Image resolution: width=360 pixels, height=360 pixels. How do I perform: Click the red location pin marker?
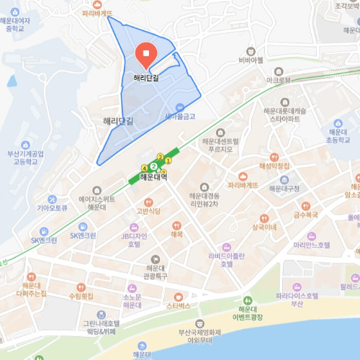pos(145,53)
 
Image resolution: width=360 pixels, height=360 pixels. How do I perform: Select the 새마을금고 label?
pos(180,115)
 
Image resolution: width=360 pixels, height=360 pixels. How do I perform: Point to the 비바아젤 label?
pos(251,60)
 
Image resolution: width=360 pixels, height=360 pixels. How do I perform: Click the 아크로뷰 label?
pos(279,80)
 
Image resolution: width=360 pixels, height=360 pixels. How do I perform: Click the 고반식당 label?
pos(148,211)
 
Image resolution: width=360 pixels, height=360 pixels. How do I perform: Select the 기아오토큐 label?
pos(52,207)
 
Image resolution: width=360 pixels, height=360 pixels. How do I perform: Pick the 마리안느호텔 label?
pos(311,245)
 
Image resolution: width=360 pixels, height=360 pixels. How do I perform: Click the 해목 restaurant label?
pos(176,233)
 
